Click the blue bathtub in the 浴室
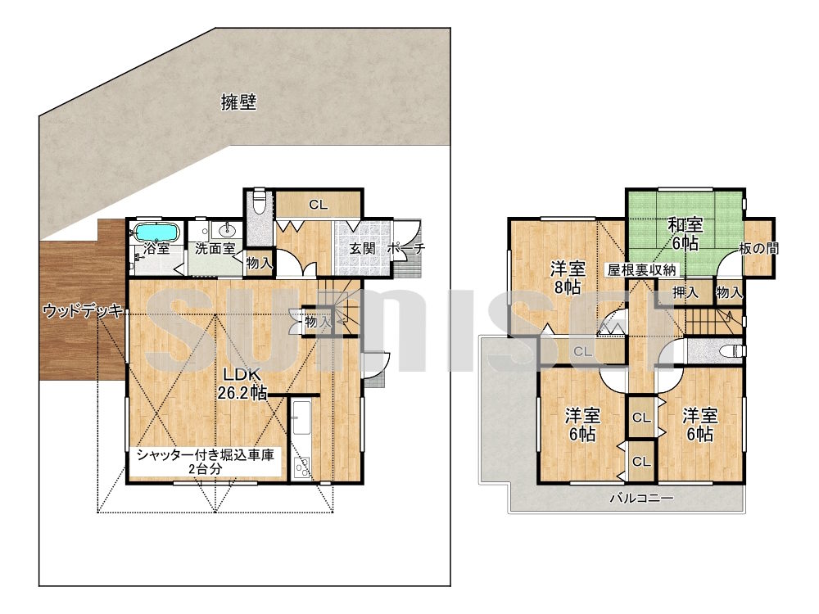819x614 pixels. (157, 232)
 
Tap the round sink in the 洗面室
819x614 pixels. (227, 229)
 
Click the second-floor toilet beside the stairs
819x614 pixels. (731, 350)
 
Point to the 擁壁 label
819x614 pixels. (238, 102)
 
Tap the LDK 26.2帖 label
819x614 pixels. (242, 383)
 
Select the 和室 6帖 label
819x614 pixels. (686, 234)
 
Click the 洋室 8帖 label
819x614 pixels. (568, 278)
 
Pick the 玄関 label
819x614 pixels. (363, 248)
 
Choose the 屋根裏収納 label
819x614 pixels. (641, 270)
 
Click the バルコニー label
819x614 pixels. (642, 498)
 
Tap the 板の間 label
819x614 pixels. (759, 248)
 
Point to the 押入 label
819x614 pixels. (686, 292)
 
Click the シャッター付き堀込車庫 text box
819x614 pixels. (206, 462)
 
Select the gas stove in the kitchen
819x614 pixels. (301, 467)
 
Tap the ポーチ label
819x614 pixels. (406, 249)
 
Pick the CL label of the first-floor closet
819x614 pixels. (318, 205)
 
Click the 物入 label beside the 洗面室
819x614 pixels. (259, 263)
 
